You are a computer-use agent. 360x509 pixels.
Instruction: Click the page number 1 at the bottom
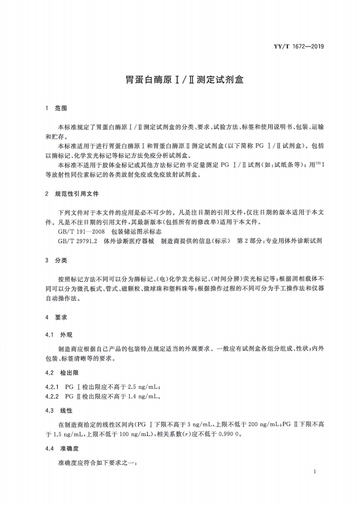pyautogui.click(x=314, y=472)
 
